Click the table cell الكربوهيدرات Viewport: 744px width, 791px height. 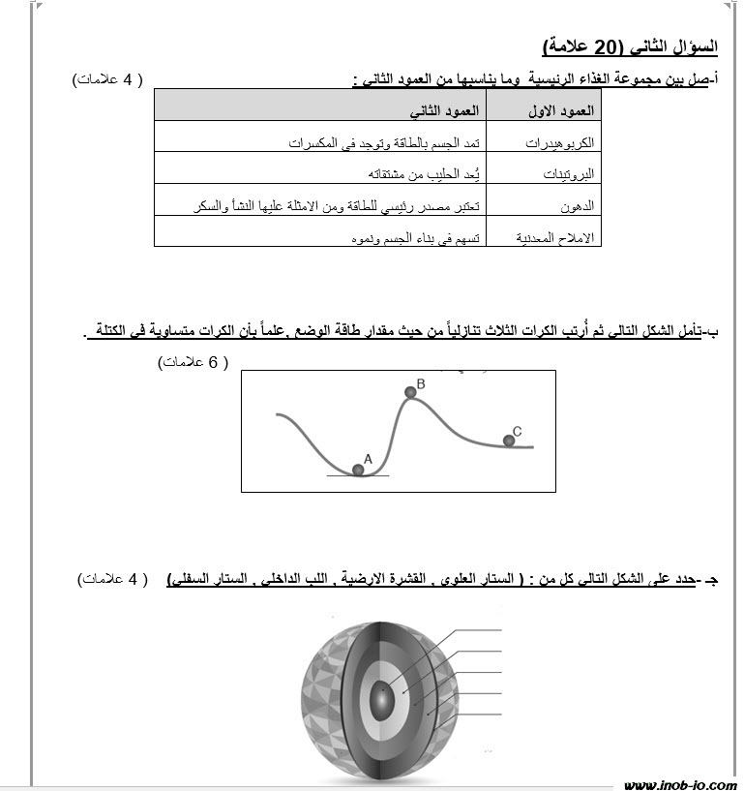(559, 142)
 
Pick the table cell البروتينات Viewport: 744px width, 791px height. (564, 174)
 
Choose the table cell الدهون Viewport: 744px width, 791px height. (577, 206)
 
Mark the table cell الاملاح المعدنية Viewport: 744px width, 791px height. (552, 237)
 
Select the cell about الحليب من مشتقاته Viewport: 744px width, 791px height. (427, 174)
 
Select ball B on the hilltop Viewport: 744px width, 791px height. (409, 392)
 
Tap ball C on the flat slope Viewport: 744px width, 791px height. (509, 441)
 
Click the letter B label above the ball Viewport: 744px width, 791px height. (421, 383)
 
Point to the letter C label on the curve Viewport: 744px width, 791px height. (518, 431)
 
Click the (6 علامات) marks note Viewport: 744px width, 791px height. (193, 362)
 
